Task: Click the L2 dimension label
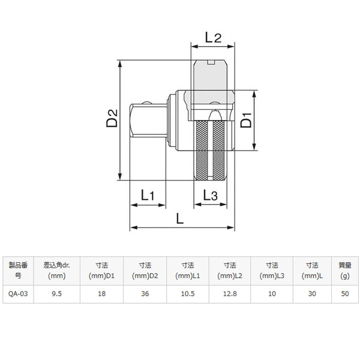click(213, 37)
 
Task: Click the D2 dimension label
click(112, 118)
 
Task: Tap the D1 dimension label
click(246, 120)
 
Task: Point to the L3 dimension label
click(210, 196)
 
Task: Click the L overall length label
click(180, 218)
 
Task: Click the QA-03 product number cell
click(18, 293)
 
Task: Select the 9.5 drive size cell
click(57, 293)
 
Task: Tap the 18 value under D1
click(102, 293)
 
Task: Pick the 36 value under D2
click(145, 293)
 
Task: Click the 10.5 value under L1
click(188, 293)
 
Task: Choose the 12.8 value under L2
click(230, 293)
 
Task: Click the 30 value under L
click(312, 293)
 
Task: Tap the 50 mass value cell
click(345, 293)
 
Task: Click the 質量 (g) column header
click(345, 271)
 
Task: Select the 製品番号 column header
click(18, 271)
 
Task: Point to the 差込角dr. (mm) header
click(57, 271)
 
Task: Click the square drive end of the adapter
click(148, 121)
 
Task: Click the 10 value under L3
click(272, 293)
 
